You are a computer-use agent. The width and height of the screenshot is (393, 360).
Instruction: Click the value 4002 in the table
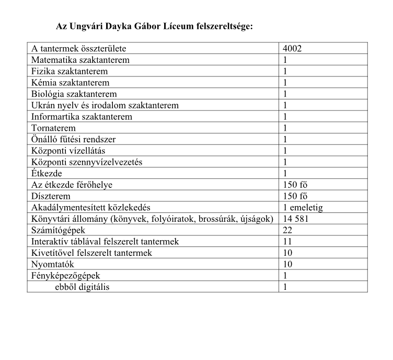pyautogui.click(x=292, y=49)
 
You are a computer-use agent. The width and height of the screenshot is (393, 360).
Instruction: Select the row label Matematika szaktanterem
pyautogui.click(x=80, y=60)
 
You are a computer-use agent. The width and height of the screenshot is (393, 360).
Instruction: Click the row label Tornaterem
pyautogui.click(x=53, y=128)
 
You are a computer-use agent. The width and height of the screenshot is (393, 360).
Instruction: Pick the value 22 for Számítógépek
pyautogui.click(x=287, y=230)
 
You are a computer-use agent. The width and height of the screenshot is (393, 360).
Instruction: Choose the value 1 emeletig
pyautogui.click(x=303, y=208)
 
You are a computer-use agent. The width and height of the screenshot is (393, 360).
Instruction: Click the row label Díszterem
pyautogui.click(x=51, y=196)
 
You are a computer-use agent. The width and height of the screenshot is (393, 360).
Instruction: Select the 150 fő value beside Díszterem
pyautogui.click(x=295, y=196)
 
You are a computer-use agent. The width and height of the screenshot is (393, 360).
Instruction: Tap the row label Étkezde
pyautogui.click(x=47, y=173)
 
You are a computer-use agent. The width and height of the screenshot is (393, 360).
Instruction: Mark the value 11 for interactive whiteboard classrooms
pyautogui.click(x=287, y=242)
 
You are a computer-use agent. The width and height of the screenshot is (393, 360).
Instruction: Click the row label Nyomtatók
pyautogui.click(x=53, y=264)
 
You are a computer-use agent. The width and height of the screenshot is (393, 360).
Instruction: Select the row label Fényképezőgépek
pyautogui.click(x=65, y=275)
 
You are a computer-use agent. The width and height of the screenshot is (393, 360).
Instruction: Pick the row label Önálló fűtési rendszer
pyautogui.click(x=73, y=140)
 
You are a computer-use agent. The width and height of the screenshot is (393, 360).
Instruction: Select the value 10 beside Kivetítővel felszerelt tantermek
pyautogui.click(x=287, y=253)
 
